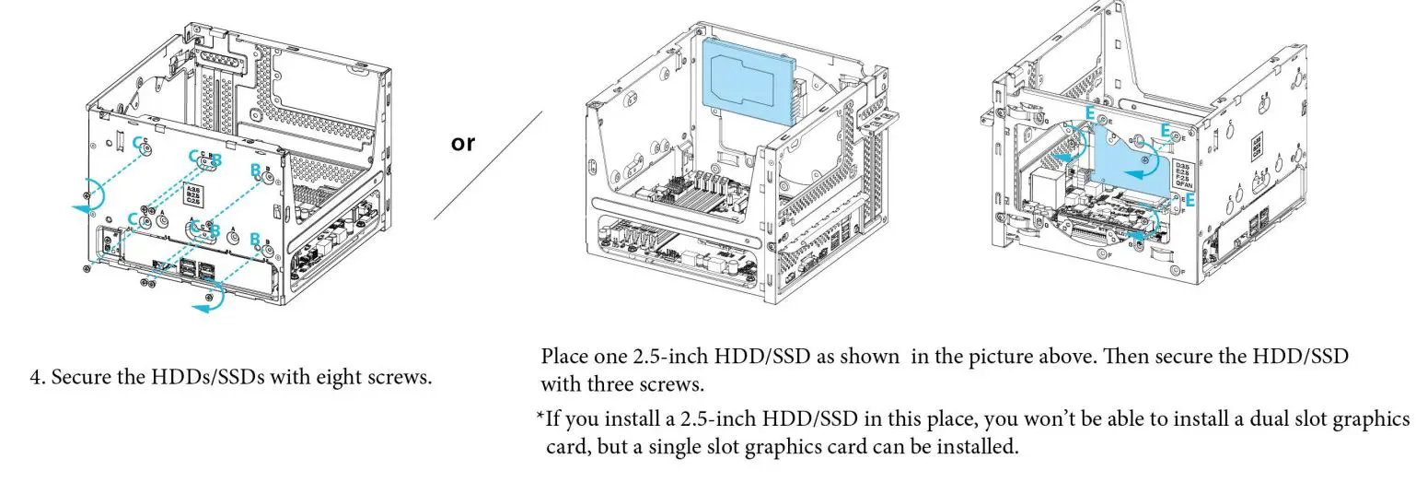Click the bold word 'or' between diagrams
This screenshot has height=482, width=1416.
[464, 144]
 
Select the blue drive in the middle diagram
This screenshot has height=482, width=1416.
[749, 81]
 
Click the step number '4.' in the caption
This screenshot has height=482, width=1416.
[38, 379]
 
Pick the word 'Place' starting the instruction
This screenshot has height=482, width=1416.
[563, 357]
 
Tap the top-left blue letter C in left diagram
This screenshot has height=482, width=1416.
[140, 143]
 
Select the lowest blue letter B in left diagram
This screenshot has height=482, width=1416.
[255, 239]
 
